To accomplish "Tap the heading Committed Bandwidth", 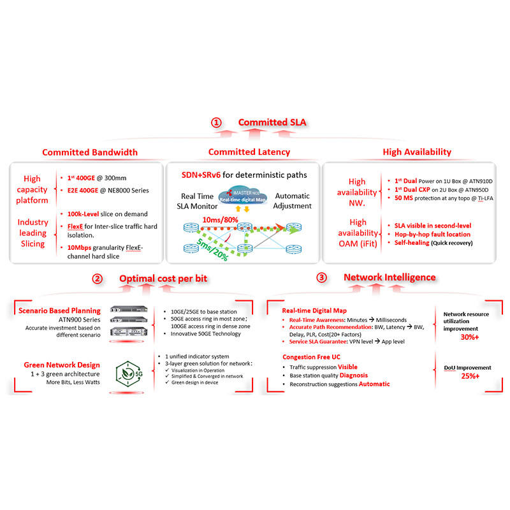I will pos(90,152).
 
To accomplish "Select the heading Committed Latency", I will pos(249,152).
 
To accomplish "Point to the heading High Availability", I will pos(417,152).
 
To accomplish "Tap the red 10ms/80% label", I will pos(221,219).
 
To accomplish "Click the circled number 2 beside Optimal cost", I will pos(97,279).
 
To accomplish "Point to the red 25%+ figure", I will pos(470,376).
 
